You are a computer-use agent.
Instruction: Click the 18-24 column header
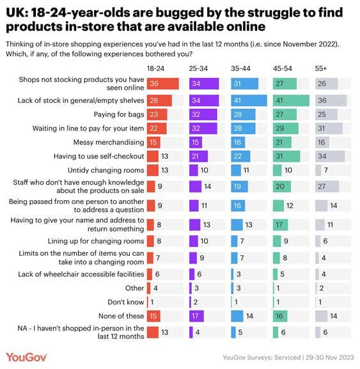pyautogui.click(x=156, y=68)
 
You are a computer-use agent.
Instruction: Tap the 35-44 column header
pyautogui.click(x=241, y=68)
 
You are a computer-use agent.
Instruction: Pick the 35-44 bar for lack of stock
pyautogui.click(x=249, y=100)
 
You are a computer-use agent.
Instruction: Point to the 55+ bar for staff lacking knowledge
pyautogui.click(x=329, y=186)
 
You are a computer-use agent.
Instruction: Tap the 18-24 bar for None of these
pyautogui.click(x=153, y=315)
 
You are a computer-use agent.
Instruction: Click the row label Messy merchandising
pyautogui.click(x=106, y=142)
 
